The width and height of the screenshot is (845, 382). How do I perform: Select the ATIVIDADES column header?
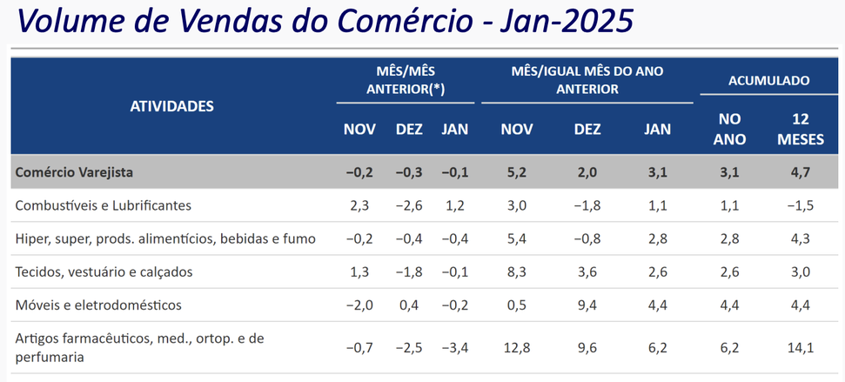click(x=172, y=106)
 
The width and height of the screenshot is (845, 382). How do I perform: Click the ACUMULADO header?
click(x=768, y=80)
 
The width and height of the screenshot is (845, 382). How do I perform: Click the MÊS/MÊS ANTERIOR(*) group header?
click(x=406, y=78)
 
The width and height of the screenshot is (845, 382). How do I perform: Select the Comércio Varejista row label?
click(x=74, y=172)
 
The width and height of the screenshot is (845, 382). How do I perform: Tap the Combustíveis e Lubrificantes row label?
click(x=104, y=206)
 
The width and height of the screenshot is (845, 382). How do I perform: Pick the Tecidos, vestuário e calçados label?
click(x=104, y=271)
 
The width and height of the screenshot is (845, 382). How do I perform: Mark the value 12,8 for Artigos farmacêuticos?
click(x=516, y=348)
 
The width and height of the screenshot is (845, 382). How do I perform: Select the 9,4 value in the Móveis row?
click(x=587, y=305)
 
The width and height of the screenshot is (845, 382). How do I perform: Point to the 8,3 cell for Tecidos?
click(x=516, y=271)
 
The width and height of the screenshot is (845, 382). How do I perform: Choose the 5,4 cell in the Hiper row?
click(x=516, y=238)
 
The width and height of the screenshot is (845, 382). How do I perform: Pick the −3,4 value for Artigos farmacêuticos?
click(x=455, y=348)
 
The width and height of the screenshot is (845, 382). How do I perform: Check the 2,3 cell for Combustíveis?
click(x=359, y=206)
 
